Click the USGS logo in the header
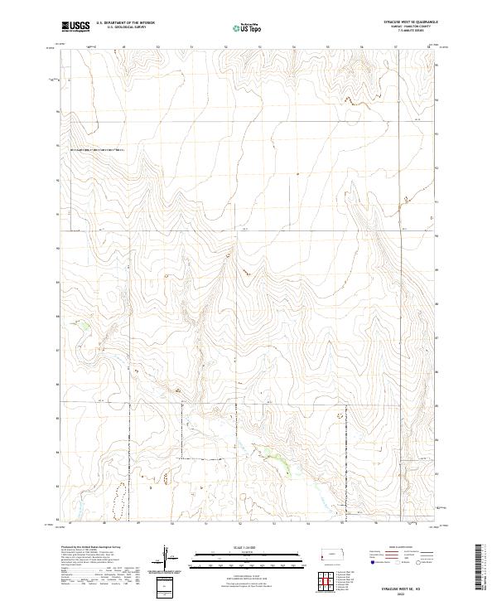click(x=75, y=27)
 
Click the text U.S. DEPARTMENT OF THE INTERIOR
click(x=125, y=22)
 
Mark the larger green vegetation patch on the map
click(x=279, y=458)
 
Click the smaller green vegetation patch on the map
click(x=84, y=326)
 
